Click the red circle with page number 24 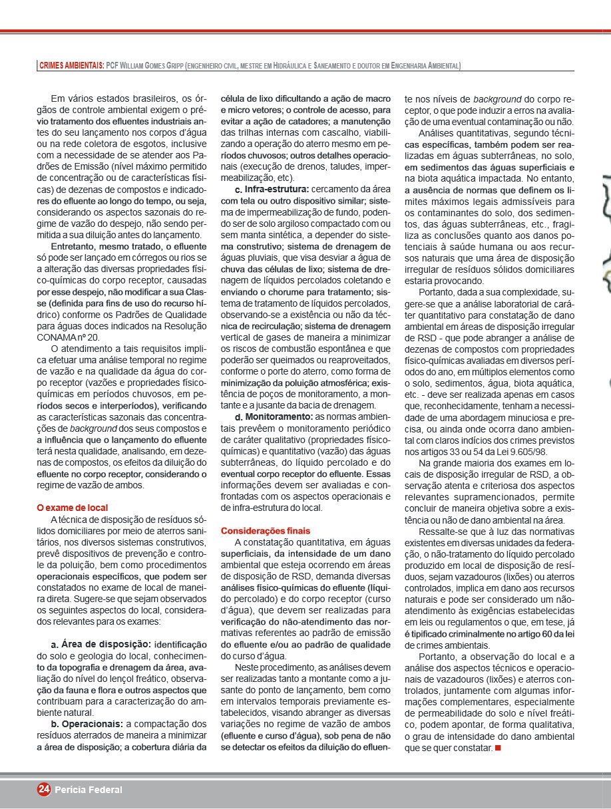pyautogui.click(x=44, y=789)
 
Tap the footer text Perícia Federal pyautogui.click(x=89, y=790)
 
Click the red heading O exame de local pyautogui.click(x=72, y=508)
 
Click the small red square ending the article pyautogui.click(x=498, y=748)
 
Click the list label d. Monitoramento pyautogui.click(x=274, y=416)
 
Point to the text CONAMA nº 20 pyautogui.click(x=66, y=337)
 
